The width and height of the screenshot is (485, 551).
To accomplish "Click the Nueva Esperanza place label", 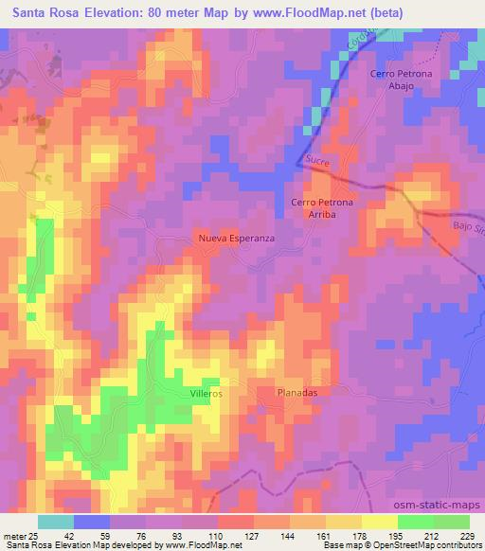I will pos(236,239).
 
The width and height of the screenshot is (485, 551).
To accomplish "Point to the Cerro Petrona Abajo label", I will pos(393,79).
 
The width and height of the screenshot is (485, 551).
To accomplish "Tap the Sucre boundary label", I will pos(316,162).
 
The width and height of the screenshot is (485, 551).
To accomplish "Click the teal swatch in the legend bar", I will pos(55,522).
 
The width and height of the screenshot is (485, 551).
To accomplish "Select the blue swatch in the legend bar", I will pos(92,522).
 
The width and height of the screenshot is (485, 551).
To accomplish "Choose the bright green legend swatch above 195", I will pos(417,522).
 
